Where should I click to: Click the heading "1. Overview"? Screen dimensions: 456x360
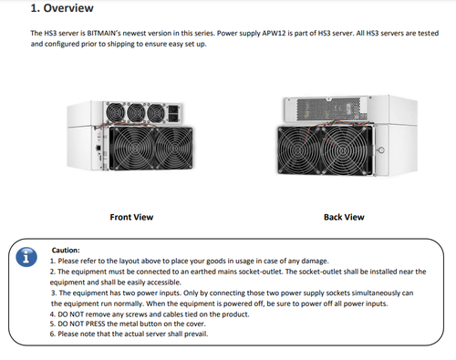(x=62, y=8)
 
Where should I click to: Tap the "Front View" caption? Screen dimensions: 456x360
(x=131, y=217)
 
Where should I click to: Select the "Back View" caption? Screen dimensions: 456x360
(x=344, y=217)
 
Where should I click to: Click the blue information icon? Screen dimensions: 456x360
(x=26, y=257)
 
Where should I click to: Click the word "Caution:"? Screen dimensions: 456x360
(x=66, y=250)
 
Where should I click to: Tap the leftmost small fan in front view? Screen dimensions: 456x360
(x=115, y=112)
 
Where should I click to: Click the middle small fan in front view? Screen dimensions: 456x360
(x=136, y=113)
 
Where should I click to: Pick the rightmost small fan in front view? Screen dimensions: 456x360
(x=156, y=113)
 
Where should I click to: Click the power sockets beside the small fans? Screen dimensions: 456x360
(x=173, y=114)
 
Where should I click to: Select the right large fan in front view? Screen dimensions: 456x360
(x=174, y=149)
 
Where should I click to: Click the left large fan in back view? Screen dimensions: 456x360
(x=299, y=149)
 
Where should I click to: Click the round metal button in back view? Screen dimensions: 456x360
(x=381, y=149)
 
